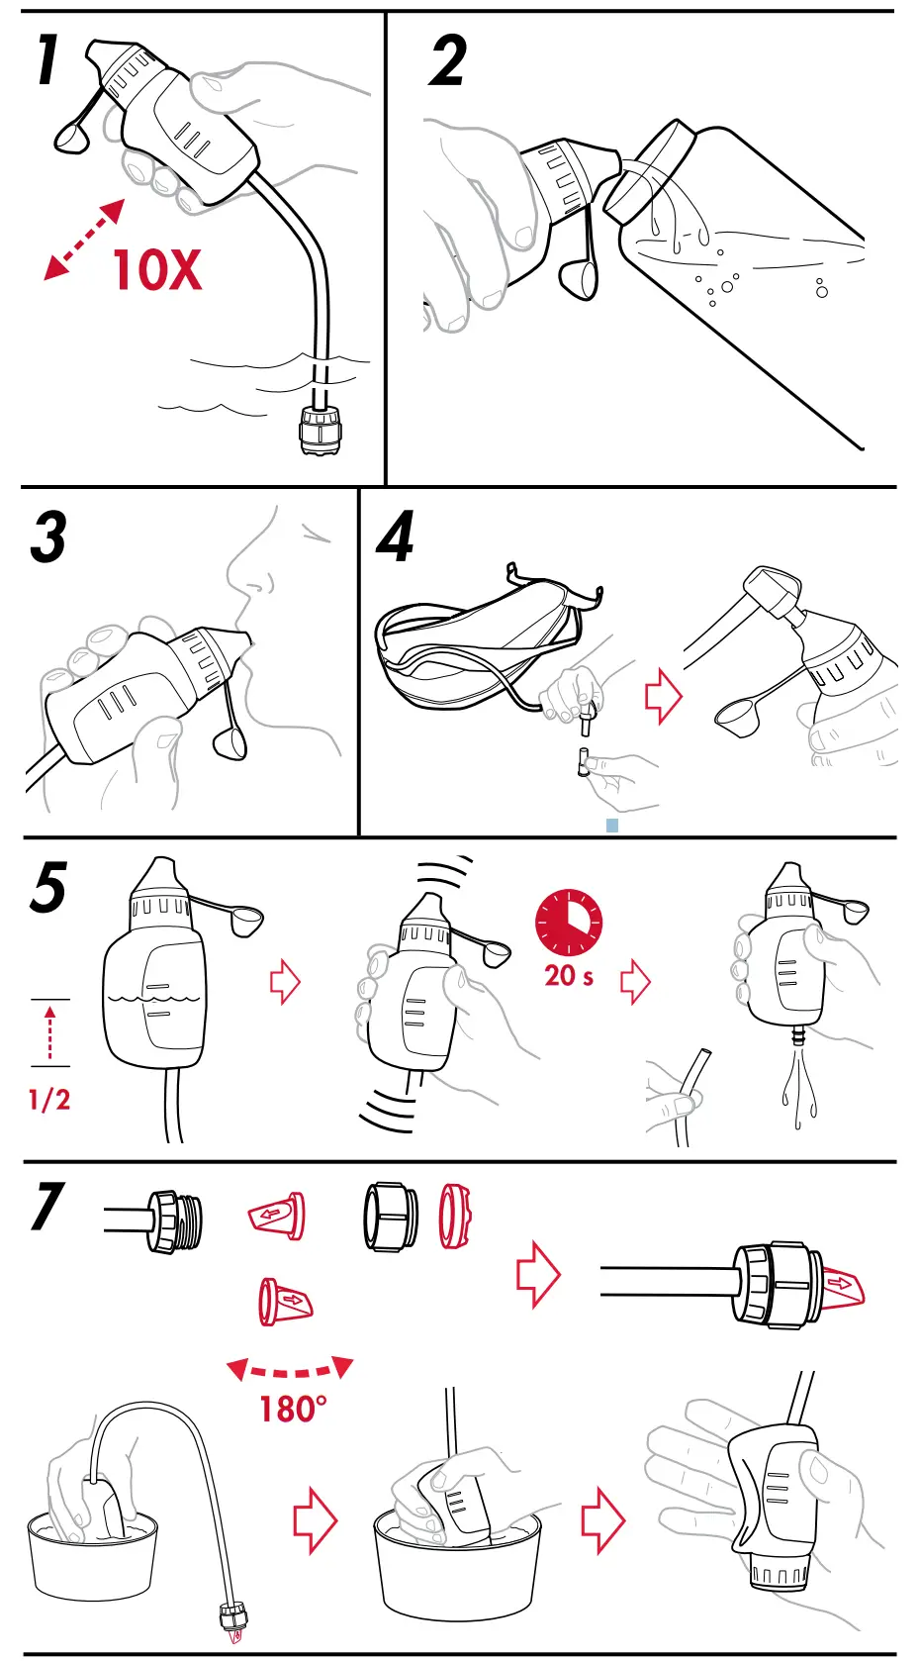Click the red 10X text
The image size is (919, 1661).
click(x=157, y=269)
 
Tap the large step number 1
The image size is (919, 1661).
click(x=46, y=59)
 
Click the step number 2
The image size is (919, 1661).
click(x=448, y=61)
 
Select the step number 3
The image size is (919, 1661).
click(x=48, y=537)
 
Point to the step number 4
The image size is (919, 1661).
click(x=396, y=537)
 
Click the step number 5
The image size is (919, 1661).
click(x=48, y=887)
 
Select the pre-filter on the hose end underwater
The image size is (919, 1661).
click(x=320, y=429)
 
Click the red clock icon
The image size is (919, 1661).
click(x=569, y=923)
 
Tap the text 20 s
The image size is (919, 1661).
click(x=569, y=976)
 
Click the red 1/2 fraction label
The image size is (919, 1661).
click(x=49, y=1100)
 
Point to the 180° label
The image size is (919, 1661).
click(x=292, y=1409)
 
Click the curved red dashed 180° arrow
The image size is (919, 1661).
click(x=289, y=1370)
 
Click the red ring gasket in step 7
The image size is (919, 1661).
click(x=455, y=1215)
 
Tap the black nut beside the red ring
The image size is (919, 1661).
click(x=390, y=1217)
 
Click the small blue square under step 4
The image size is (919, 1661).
click(x=612, y=825)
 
